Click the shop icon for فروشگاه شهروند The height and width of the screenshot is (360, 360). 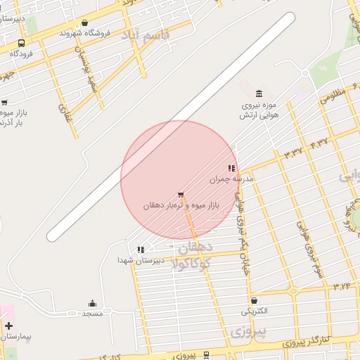click(85, 23)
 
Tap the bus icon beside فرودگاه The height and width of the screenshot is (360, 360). click(21, 43)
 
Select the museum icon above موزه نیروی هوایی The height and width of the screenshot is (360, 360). click(259, 94)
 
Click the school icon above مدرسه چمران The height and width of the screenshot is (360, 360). click(231, 168)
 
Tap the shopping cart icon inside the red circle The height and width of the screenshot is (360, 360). click(181, 194)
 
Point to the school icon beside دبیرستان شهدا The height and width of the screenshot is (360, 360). click(141, 249)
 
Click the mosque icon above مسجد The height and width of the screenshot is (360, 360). click(92, 303)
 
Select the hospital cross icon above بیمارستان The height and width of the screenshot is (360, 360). click(8, 326)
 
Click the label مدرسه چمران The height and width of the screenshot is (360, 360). click(225, 179)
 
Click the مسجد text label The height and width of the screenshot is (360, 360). click(92, 313)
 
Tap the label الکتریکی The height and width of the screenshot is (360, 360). click(255, 309)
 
